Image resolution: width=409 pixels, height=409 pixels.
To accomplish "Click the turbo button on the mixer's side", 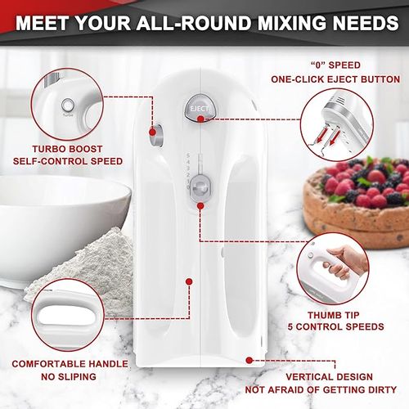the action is click(x=157, y=135).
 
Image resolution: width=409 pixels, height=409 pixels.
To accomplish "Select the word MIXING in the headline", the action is click(x=291, y=23).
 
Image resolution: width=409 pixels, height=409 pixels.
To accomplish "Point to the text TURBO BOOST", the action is click(x=67, y=149).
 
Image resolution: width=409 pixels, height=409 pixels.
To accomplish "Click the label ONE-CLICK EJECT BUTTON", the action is click(x=335, y=79).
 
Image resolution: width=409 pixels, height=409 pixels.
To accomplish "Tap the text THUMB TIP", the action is click(x=334, y=315).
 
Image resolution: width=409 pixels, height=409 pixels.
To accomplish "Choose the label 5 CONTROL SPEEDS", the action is click(x=335, y=326).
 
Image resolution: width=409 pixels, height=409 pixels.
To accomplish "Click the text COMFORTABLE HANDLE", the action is click(x=70, y=364).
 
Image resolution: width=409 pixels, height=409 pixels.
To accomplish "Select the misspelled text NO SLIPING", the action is click(x=69, y=377).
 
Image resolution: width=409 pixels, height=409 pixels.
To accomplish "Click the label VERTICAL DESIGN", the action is click(x=330, y=377).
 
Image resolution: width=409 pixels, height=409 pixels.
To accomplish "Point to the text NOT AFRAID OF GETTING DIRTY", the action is click(x=321, y=390).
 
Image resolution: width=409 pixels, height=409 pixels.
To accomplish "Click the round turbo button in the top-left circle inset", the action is click(x=67, y=106).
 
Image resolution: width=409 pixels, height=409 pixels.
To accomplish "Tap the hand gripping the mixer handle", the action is click(x=344, y=263).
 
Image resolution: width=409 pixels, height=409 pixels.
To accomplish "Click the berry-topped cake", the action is click(x=357, y=203).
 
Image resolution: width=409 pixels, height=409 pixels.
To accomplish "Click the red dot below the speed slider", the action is click(x=200, y=206).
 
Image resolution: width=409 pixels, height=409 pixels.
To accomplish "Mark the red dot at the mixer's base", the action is click(x=249, y=360).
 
